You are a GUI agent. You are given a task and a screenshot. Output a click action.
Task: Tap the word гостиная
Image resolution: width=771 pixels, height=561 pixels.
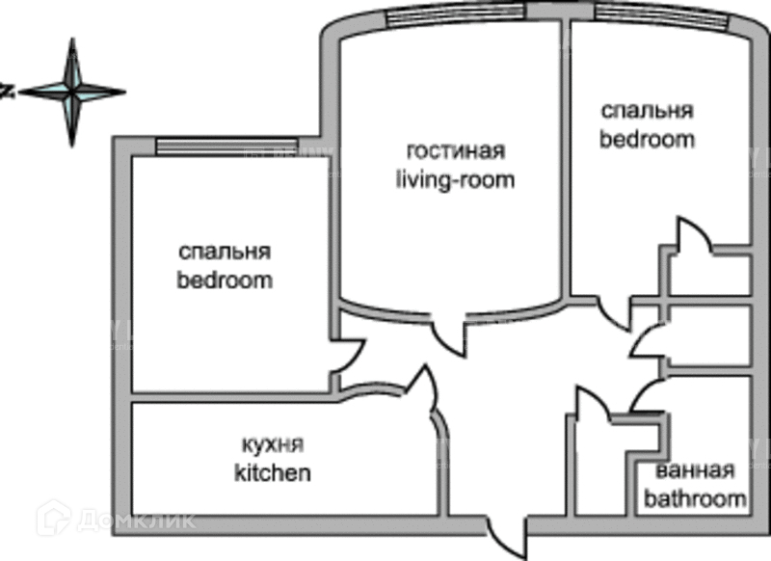[x=456, y=152]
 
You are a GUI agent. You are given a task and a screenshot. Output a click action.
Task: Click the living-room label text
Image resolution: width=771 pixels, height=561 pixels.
[x=456, y=179]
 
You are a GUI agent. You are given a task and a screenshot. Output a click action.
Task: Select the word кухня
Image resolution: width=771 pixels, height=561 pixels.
[x=273, y=445]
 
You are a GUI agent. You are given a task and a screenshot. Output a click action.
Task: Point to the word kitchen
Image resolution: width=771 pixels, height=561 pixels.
[x=273, y=473]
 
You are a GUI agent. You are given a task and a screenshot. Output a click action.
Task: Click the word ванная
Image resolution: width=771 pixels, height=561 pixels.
[x=695, y=471]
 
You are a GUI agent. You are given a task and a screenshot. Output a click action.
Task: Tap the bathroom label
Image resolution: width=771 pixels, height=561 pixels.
[x=695, y=499]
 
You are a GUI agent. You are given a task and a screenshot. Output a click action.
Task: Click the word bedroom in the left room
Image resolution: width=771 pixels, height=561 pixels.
[x=225, y=281]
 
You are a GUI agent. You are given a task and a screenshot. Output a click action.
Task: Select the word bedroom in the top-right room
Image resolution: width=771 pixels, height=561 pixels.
[x=648, y=138]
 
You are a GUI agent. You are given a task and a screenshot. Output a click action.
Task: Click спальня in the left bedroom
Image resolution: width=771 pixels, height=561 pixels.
[x=225, y=253]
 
